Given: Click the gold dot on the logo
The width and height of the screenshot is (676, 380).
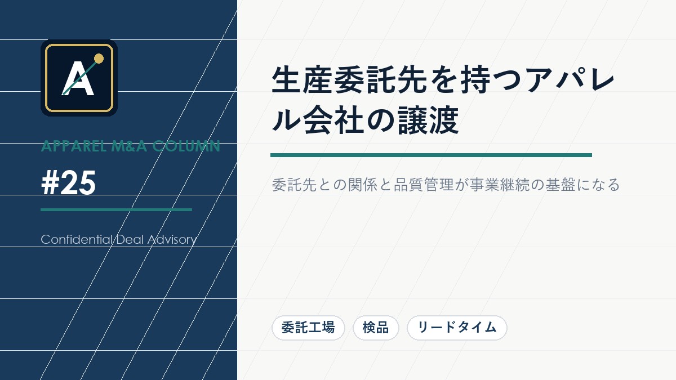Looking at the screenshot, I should point(99,58).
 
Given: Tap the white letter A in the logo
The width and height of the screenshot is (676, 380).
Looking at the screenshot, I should point(78,80).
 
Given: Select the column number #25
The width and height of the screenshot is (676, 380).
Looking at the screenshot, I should point(68,184).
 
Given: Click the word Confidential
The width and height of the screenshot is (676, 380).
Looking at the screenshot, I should point(77,239).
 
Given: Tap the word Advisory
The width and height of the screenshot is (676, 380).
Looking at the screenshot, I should point(172,239).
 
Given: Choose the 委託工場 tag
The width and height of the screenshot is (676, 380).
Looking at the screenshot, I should point(308,328).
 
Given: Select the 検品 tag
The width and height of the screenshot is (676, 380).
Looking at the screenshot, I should point(376,328).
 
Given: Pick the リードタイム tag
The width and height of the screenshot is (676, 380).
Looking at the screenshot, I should point(457,328).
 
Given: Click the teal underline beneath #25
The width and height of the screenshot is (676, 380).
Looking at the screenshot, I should point(116,209).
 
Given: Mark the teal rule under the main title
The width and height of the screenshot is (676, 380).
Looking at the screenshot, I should point(431,155).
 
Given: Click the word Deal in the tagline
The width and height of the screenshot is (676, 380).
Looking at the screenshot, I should point(131,239).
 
